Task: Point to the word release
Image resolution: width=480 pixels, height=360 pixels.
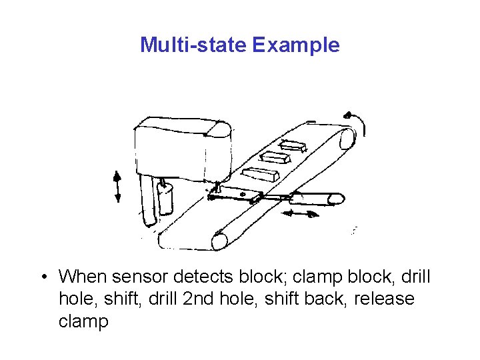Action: (384, 299)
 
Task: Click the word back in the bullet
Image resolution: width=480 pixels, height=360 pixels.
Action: (328, 299)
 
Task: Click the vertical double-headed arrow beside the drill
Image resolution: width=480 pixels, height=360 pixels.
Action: (117, 186)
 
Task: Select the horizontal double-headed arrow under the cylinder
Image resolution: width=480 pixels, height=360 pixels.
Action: (299, 214)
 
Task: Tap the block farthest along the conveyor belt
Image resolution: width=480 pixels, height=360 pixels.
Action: (293, 145)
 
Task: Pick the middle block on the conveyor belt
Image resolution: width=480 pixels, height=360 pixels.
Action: (273, 158)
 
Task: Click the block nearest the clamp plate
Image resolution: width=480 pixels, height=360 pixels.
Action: (259, 175)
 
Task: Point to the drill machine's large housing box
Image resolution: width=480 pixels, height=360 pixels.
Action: (177, 151)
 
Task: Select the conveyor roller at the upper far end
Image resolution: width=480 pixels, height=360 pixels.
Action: (347, 139)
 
